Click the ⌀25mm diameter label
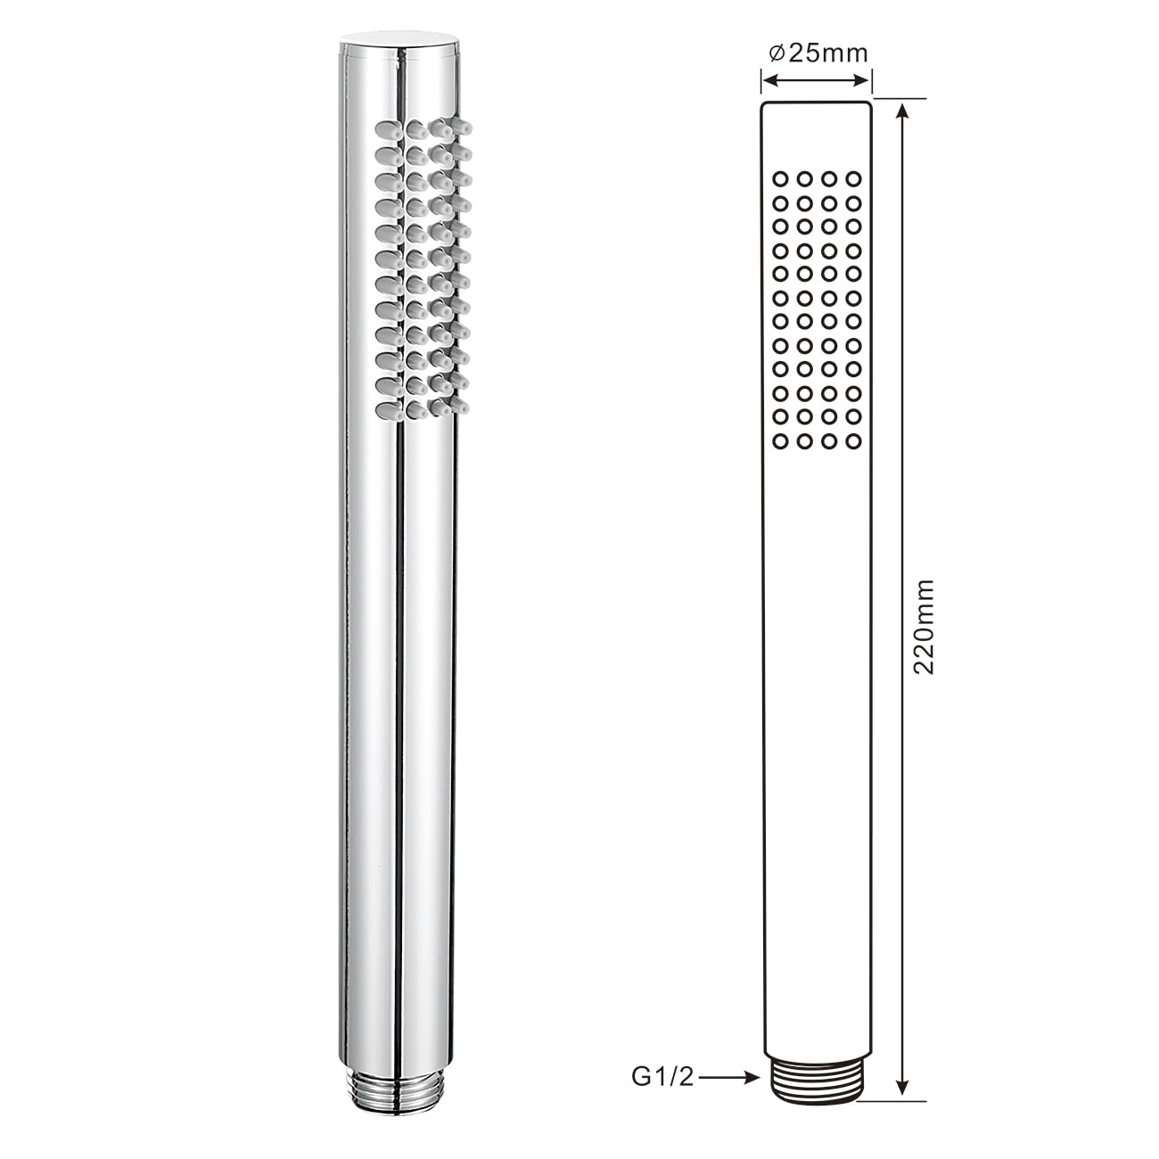coord(818,53)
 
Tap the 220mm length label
coord(924,627)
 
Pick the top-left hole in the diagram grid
coord(781,178)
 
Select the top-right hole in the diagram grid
coord(853,178)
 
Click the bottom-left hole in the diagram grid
coord(781,441)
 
